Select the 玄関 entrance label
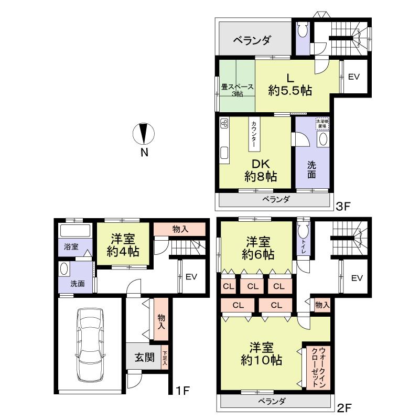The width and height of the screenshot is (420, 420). coord(144,358)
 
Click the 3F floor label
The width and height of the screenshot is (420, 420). coord(343,206)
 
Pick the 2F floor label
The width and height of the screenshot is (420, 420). coord(343,407)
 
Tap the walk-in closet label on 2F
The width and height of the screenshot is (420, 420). coord(317,367)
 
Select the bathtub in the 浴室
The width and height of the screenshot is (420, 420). coord(75,231)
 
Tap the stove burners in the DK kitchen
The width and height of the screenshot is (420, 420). coord(224,124)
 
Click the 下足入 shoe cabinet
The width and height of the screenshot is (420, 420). coord(165,358)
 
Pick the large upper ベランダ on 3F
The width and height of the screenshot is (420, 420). coord(252,39)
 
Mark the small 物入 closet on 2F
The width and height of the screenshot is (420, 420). coord(322,305)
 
